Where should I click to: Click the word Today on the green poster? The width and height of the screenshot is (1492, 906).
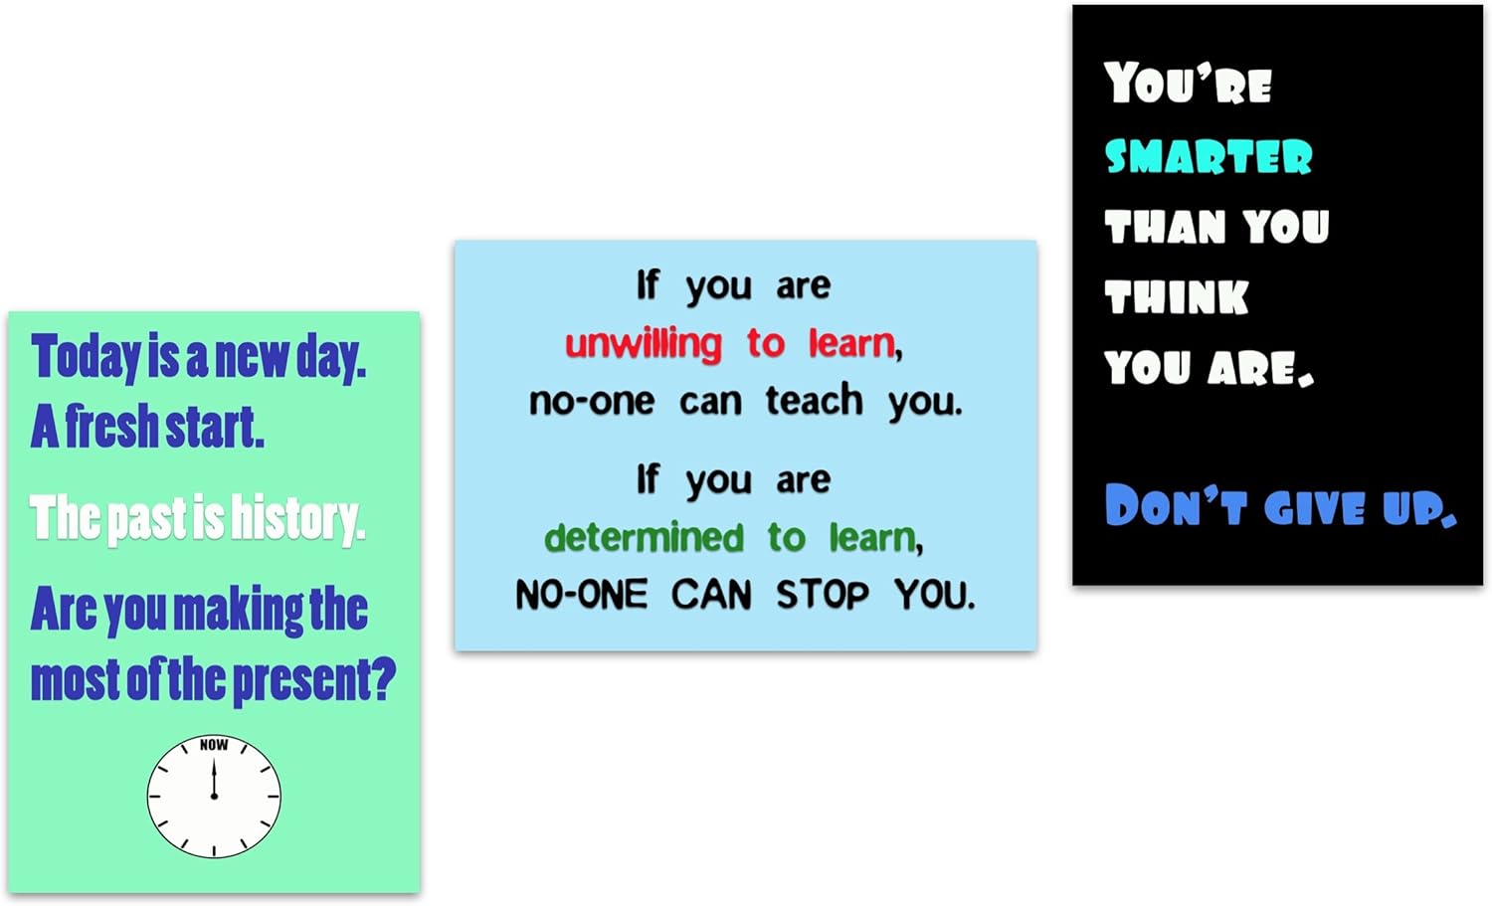point(87,357)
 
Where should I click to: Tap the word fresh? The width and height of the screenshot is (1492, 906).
point(110,427)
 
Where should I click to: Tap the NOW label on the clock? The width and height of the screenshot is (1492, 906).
point(214,745)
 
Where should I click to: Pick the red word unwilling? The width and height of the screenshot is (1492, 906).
point(643,344)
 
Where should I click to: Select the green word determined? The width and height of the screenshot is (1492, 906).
point(644,538)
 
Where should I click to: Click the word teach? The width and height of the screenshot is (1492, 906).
point(814,400)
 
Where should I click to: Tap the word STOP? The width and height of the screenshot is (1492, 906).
point(822,595)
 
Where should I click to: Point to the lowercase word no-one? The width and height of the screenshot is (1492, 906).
point(592,401)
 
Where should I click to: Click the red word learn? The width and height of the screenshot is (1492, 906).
point(852,343)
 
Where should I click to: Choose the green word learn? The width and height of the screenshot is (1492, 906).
point(873,538)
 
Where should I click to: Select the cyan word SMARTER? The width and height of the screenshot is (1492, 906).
point(1209,157)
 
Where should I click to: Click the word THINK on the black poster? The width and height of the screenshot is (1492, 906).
point(1177,297)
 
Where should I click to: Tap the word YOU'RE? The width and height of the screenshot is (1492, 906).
point(1188,84)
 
